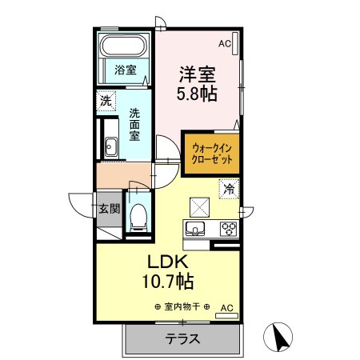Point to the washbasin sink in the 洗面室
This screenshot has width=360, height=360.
pos(109,147)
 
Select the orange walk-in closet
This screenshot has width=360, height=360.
pos(212,152)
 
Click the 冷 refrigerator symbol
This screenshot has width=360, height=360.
pos(230,190)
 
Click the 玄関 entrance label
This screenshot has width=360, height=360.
pos(109,210)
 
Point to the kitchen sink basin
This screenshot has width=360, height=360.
pos(194,228)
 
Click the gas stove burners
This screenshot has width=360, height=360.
pos(228,228)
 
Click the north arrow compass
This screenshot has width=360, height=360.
pos(280,337)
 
